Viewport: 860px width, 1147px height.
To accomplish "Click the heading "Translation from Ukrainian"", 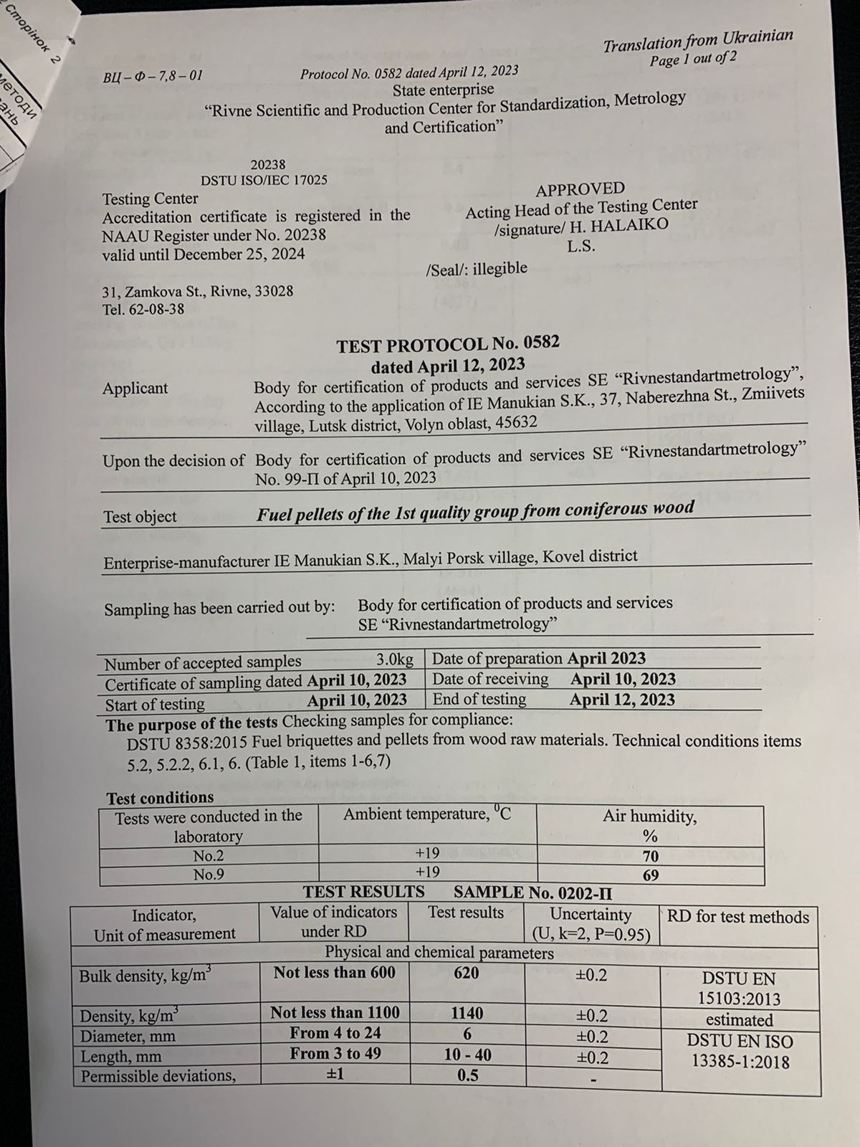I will click(x=697, y=40).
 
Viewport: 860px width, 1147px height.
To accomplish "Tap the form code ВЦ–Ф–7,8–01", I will click(x=153, y=75).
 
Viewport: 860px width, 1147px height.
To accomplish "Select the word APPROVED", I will click(x=580, y=189).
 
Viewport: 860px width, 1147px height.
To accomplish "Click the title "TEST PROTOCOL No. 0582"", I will click(x=448, y=345).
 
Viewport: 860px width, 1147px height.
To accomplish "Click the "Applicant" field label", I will click(x=135, y=389).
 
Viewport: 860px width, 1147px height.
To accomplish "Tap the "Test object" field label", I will click(x=140, y=517).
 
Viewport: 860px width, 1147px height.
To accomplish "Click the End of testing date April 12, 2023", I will click(x=622, y=699).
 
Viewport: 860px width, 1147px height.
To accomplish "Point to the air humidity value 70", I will click(x=650, y=856).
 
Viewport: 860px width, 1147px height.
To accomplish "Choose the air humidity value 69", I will click(x=650, y=875).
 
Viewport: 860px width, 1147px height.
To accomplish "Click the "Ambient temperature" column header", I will click(x=427, y=814).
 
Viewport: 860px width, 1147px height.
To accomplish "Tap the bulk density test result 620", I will click(x=466, y=973).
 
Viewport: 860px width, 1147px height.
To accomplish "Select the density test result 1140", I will click(x=467, y=1013).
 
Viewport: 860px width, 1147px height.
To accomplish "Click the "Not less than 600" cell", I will click(x=334, y=972).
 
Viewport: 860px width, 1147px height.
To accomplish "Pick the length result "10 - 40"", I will click(x=467, y=1055).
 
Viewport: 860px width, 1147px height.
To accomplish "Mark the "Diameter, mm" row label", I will click(x=128, y=1037).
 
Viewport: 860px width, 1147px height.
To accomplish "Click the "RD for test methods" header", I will click(x=737, y=917).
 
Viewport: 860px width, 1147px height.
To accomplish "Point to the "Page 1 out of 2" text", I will click(x=692, y=60).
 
